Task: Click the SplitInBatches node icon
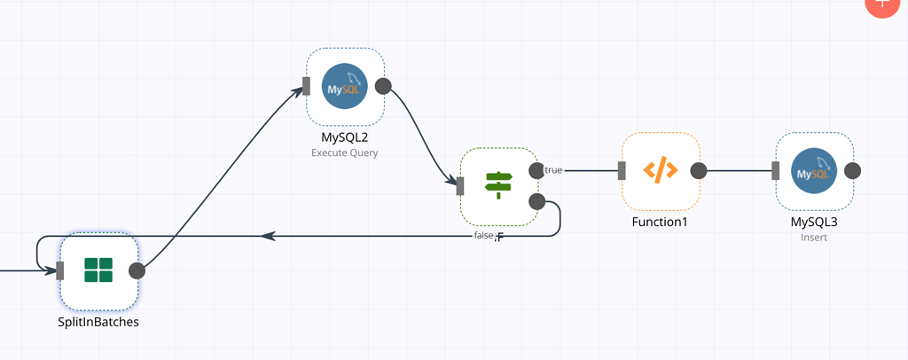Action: click(98, 270)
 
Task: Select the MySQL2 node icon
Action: click(345, 86)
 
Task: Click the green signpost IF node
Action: click(499, 186)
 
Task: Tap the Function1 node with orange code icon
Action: click(661, 171)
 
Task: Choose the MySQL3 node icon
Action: click(814, 171)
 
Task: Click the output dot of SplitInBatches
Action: click(137, 270)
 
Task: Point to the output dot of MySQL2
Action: click(384, 86)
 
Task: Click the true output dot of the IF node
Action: click(536, 170)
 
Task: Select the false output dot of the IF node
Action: click(536, 201)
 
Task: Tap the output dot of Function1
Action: click(699, 171)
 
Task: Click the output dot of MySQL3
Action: click(852, 171)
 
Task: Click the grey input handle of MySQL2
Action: click(306, 86)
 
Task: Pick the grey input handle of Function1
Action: click(622, 171)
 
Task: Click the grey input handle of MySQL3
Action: click(776, 171)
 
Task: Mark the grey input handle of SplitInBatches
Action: click(60, 270)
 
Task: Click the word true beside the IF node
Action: click(553, 170)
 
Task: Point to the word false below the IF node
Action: click(483, 236)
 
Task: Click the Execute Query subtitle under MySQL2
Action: click(345, 153)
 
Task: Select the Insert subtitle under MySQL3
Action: click(814, 238)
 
